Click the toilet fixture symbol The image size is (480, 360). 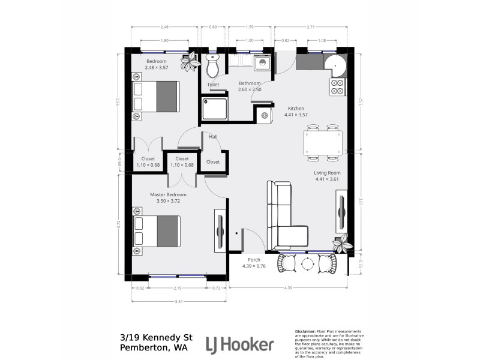coord(212,67)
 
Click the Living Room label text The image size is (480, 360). coord(327,173)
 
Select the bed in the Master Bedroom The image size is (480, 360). coord(157,232)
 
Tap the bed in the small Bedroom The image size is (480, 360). coord(157,96)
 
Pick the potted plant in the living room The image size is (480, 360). coord(343,244)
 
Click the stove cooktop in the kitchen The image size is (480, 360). coord(337,88)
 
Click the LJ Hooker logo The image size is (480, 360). coord(239,344)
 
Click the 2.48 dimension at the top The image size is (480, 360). coord(164,27)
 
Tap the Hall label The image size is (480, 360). coord(213,137)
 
